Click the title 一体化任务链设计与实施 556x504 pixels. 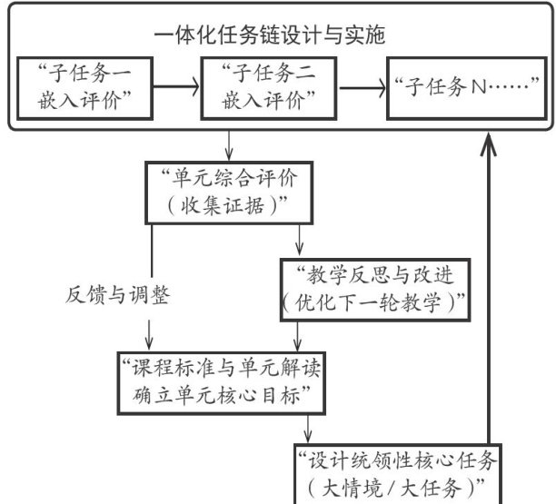point(270,35)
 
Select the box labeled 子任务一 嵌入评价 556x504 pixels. point(85,88)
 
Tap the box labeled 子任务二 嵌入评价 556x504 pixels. point(268,88)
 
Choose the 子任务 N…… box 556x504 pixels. point(467,88)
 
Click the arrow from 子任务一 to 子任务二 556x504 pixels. point(176,86)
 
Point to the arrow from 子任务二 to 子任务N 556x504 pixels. point(362,87)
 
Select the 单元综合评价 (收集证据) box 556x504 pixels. point(229,193)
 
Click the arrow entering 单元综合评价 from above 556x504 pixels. point(229,145)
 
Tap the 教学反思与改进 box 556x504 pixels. point(375,291)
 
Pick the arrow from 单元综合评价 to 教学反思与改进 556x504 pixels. point(299,240)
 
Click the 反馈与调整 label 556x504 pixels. point(117,295)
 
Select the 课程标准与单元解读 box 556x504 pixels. point(222,383)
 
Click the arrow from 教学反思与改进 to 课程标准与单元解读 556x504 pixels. point(297,337)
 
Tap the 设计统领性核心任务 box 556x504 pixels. point(398,474)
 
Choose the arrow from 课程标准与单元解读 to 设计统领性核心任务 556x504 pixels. point(307,430)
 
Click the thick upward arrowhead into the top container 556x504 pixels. point(488,143)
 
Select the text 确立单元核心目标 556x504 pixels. point(216,396)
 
